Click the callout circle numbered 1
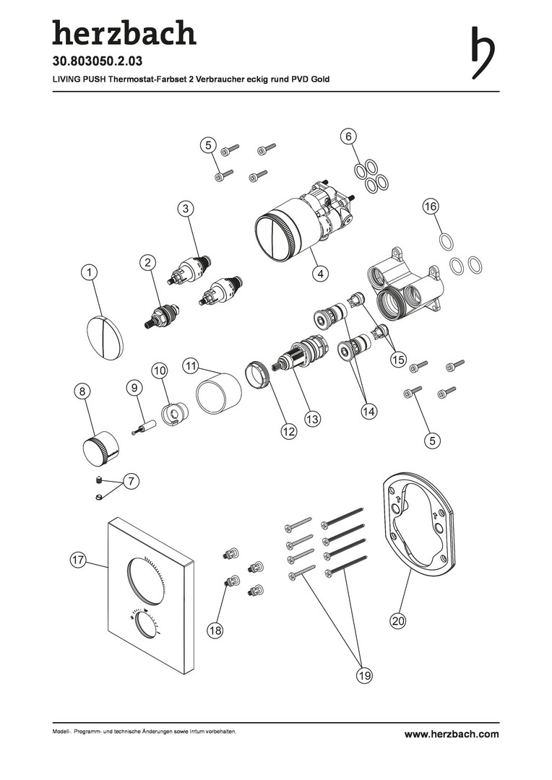tap(89, 272)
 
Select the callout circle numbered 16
tap(431, 206)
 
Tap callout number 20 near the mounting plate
tap(399, 620)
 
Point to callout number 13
tap(312, 420)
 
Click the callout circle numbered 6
tap(348, 136)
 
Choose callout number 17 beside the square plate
tap(77, 560)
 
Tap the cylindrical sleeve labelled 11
tap(219, 394)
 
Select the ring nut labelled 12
tap(258, 376)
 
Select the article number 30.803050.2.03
tap(98, 61)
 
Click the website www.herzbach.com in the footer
tap(452, 734)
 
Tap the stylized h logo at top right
tap(483, 52)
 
